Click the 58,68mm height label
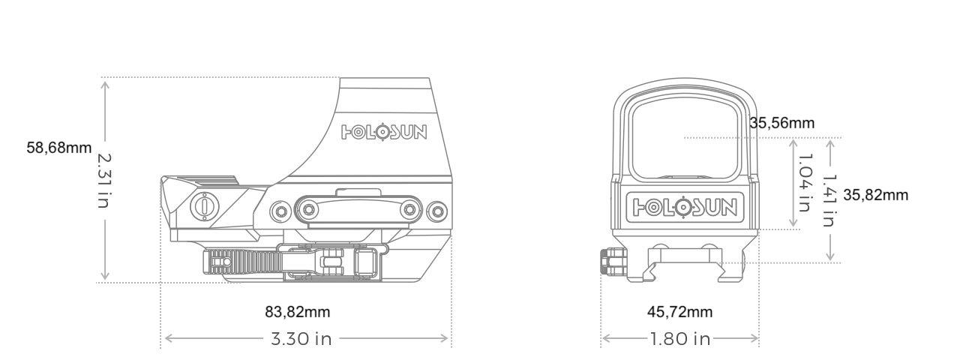59,148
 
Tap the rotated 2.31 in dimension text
104,181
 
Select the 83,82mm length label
298,312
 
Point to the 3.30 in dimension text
301,339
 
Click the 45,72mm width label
680,312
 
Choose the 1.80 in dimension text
680,339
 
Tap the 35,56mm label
781,123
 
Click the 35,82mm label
876,195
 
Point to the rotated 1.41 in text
830,201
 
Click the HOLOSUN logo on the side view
384,132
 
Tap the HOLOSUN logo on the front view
685,207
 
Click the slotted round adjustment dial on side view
204,205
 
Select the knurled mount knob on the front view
613,261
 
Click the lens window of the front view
685,139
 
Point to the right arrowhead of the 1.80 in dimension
756,338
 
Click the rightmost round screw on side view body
436,212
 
